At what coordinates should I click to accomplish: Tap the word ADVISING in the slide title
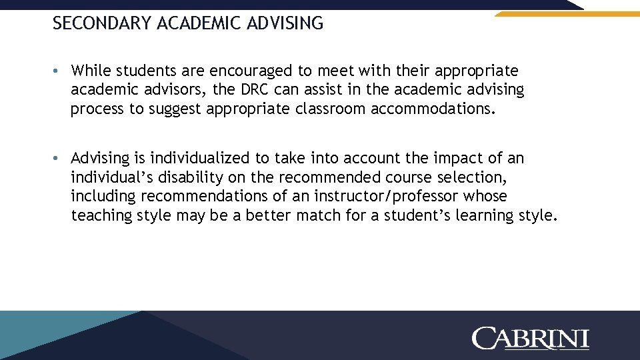pyautogui.click(x=285, y=24)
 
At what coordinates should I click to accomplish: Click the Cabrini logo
pyautogui.click(x=531, y=338)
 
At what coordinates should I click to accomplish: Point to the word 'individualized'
pyautogui.click(x=199, y=159)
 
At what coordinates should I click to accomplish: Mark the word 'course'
pyautogui.click(x=407, y=178)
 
